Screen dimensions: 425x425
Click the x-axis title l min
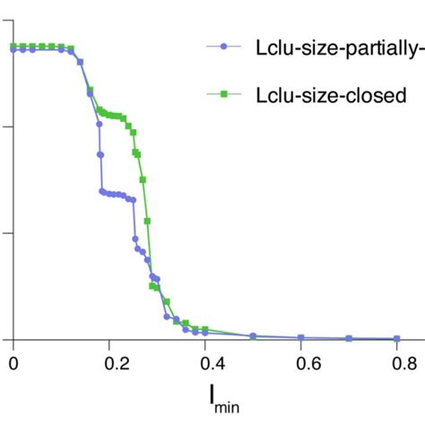(212, 398)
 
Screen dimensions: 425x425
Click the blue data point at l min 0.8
(396, 339)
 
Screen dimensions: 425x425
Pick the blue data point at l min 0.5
(253, 335)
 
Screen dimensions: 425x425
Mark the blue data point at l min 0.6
(301, 338)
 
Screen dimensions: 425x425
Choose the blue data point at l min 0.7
(349, 339)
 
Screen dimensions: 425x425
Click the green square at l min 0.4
(205, 329)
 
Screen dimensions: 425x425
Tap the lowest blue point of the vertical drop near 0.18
(103, 191)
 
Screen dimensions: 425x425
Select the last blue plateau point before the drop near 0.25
(133, 199)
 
